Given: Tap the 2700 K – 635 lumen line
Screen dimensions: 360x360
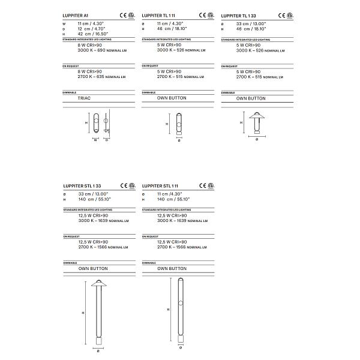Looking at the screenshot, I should click(x=101, y=77).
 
